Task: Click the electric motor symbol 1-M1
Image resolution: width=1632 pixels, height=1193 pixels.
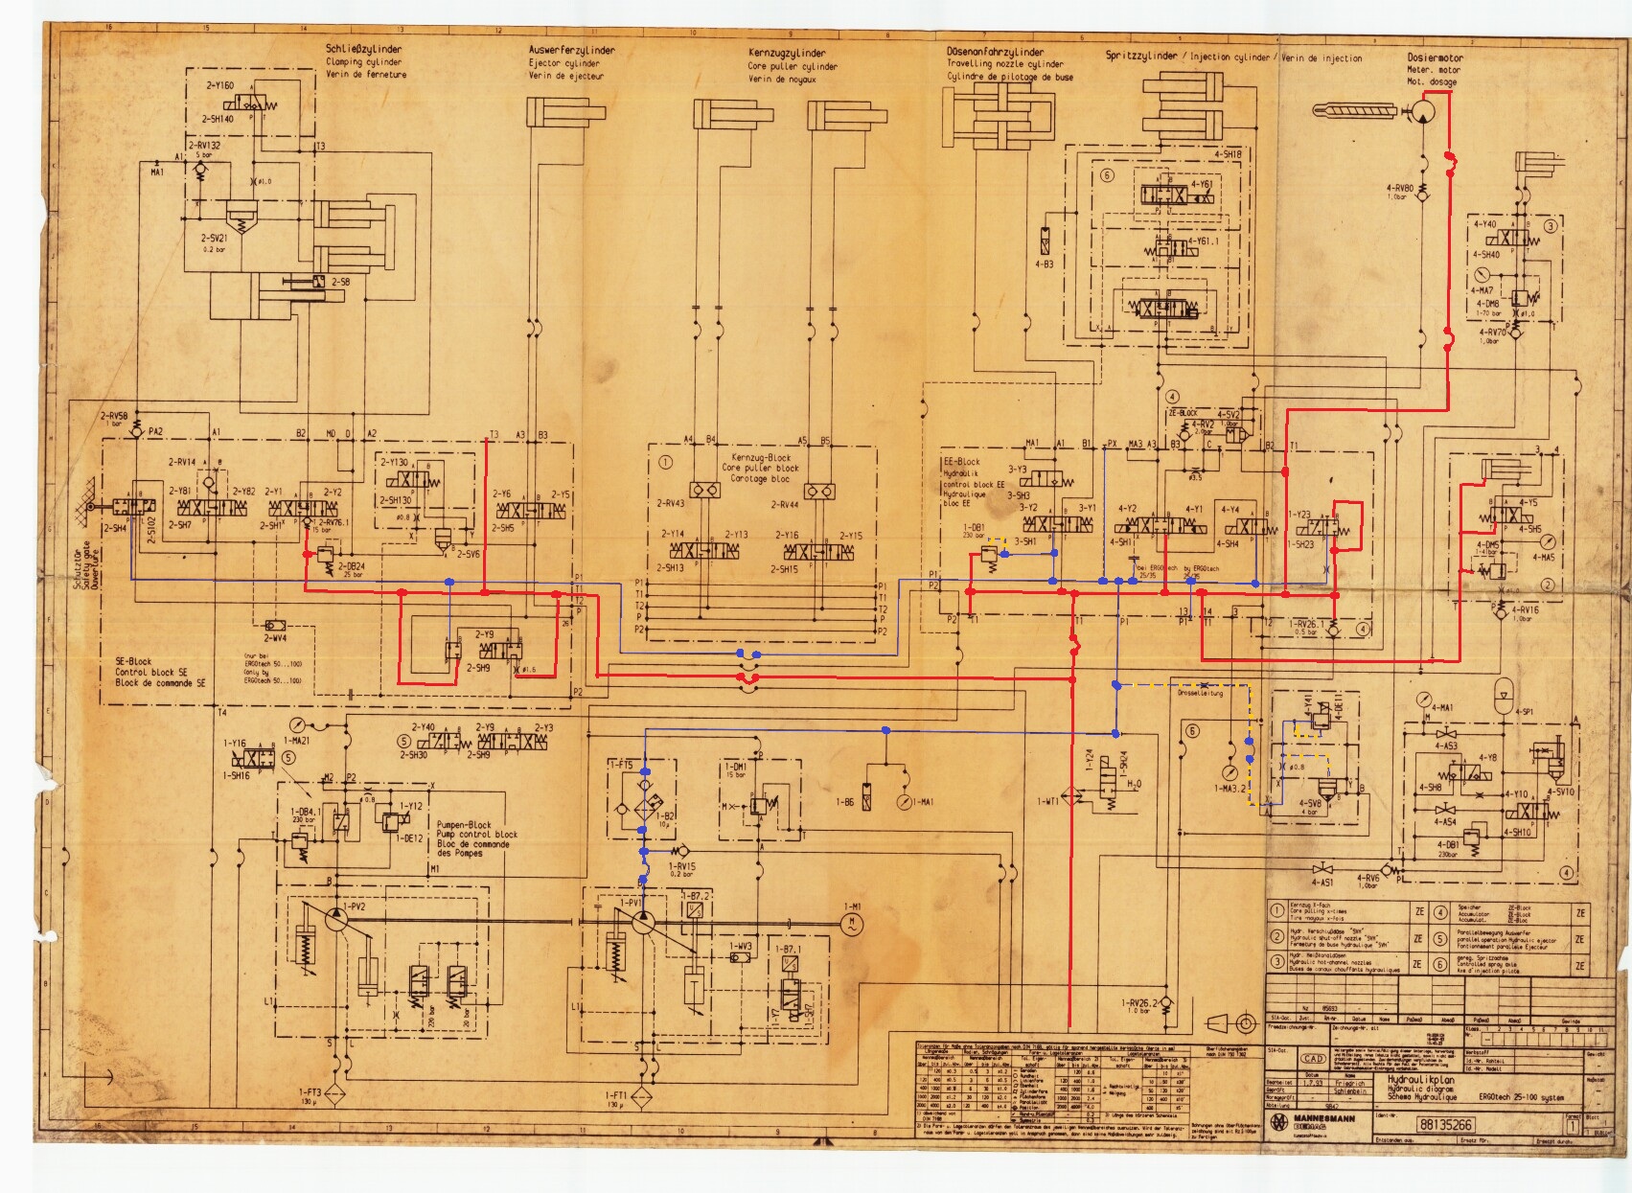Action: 850,923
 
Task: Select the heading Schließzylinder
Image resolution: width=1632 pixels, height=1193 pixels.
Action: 364,50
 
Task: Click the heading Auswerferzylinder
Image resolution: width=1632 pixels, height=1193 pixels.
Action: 571,50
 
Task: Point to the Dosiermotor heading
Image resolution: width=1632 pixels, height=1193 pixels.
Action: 1435,57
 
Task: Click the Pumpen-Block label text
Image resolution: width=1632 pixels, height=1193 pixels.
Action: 464,824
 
